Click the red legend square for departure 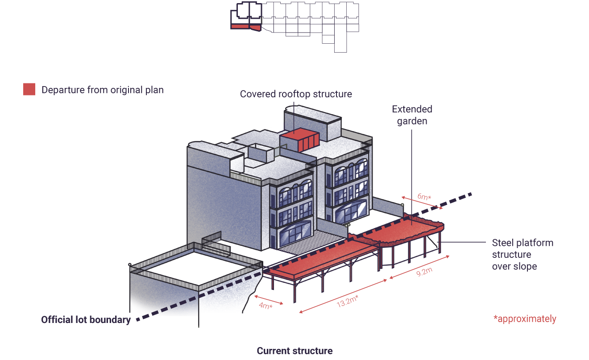pos(29,89)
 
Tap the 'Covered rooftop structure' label pos(296,94)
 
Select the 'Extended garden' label pos(412,115)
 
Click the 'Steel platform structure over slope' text pos(523,254)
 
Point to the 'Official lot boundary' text pos(86,320)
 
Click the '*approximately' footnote pos(525,319)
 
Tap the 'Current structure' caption pos(294,351)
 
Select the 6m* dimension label pos(424,196)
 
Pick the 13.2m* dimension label pos(347,302)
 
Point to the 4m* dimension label pos(265,305)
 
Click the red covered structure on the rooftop pos(299,140)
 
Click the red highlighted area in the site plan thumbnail pos(246,27)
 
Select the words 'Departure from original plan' pos(103,90)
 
